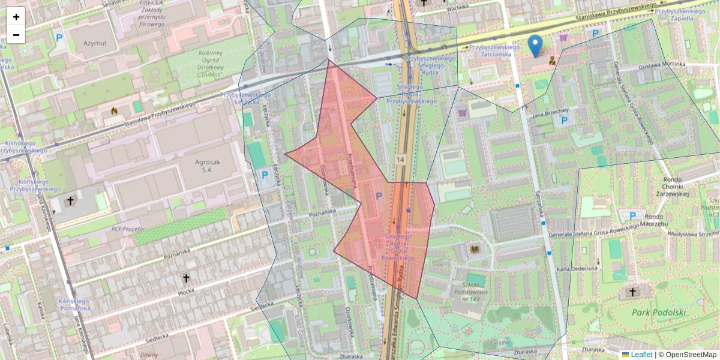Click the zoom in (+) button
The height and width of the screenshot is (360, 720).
tap(16, 17)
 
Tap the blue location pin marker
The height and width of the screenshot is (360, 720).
tap(535, 46)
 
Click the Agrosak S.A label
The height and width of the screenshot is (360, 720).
tap(212, 166)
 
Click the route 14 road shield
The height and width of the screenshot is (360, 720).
tap(401, 160)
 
